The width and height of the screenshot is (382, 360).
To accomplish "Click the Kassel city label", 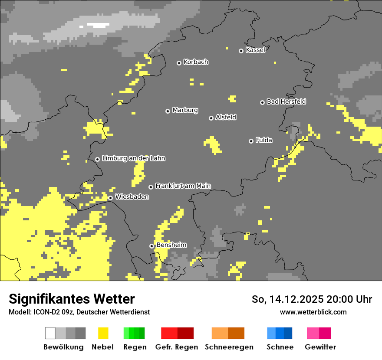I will [255, 50].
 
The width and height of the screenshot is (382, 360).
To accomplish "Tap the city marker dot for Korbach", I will [179, 63].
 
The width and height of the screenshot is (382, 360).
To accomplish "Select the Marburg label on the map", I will [185, 110].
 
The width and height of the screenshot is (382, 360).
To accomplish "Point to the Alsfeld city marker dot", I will [211, 118].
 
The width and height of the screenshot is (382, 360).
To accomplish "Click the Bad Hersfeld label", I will [286, 101].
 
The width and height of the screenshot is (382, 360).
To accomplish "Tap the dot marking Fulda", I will [251, 141].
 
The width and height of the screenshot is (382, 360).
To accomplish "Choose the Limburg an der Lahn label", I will [133, 158].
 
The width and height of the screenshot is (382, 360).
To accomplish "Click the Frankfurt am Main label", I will [183, 186].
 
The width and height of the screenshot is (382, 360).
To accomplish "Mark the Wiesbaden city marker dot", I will [110, 198].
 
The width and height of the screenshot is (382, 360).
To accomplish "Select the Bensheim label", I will [171, 245].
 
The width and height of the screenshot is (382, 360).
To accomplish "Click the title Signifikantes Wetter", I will [72, 299].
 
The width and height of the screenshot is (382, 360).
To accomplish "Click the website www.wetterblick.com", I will [313, 312].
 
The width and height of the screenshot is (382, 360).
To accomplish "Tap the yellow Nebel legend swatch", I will [103, 333].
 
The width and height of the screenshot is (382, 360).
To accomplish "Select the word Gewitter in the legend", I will [320, 347].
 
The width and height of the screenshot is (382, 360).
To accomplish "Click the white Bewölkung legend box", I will [50, 333].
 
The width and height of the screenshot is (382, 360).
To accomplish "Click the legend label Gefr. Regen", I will [177, 347].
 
